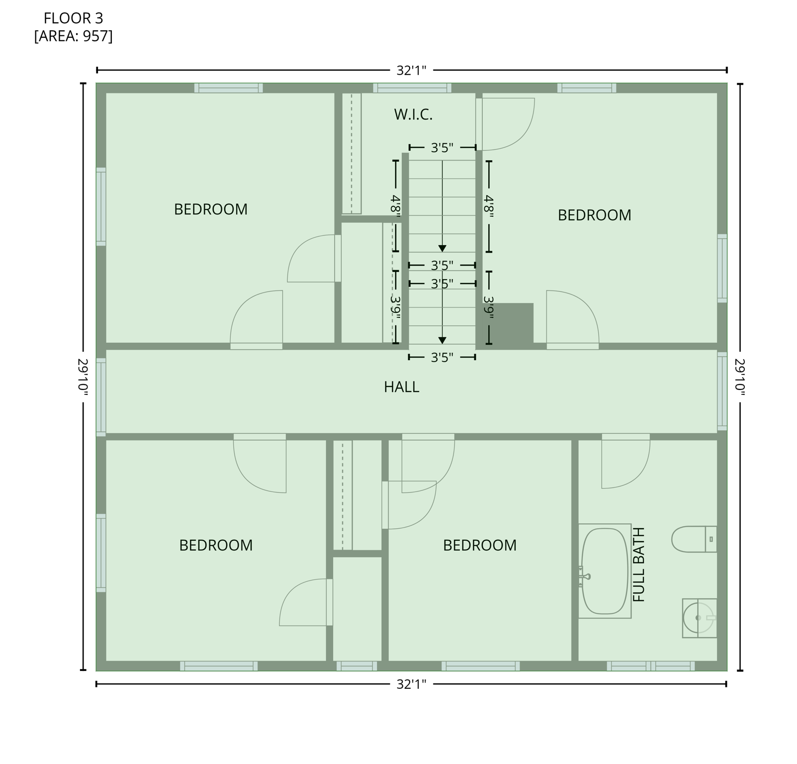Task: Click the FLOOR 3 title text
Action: pyautogui.click(x=73, y=18)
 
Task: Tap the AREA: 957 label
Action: pyautogui.click(x=73, y=36)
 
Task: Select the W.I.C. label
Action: pyautogui.click(x=413, y=115)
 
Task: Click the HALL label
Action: pyautogui.click(x=401, y=387)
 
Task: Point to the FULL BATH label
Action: pyautogui.click(x=638, y=565)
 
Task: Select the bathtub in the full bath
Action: pyautogui.click(x=604, y=571)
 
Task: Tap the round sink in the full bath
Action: pyautogui.click(x=698, y=618)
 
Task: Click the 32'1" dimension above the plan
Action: pyautogui.click(x=411, y=71)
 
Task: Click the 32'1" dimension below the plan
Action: pyautogui.click(x=411, y=685)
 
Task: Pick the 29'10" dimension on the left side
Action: pyautogui.click(x=83, y=378)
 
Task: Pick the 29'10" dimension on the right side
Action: pyautogui.click(x=740, y=378)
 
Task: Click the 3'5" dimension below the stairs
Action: pyautogui.click(x=442, y=358)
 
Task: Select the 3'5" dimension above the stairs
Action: pyautogui.click(x=442, y=148)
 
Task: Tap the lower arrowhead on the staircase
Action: pyautogui.click(x=442, y=341)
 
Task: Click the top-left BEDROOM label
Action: pyautogui.click(x=210, y=209)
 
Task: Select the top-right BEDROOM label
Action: pyautogui.click(x=594, y=215)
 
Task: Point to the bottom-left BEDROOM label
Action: pyautogui.click(x=216, y=546)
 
